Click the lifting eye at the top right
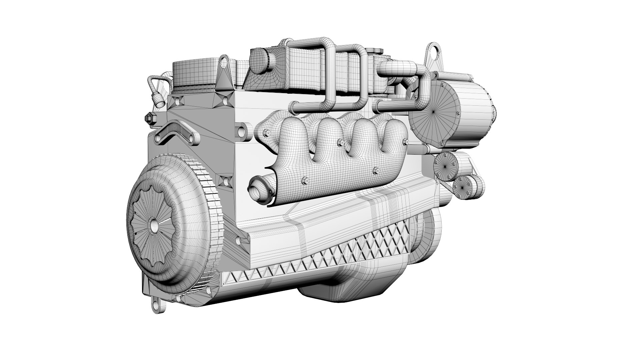click(433, 52)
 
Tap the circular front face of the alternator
click(433, 113)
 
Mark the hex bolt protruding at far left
click(149, 118)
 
